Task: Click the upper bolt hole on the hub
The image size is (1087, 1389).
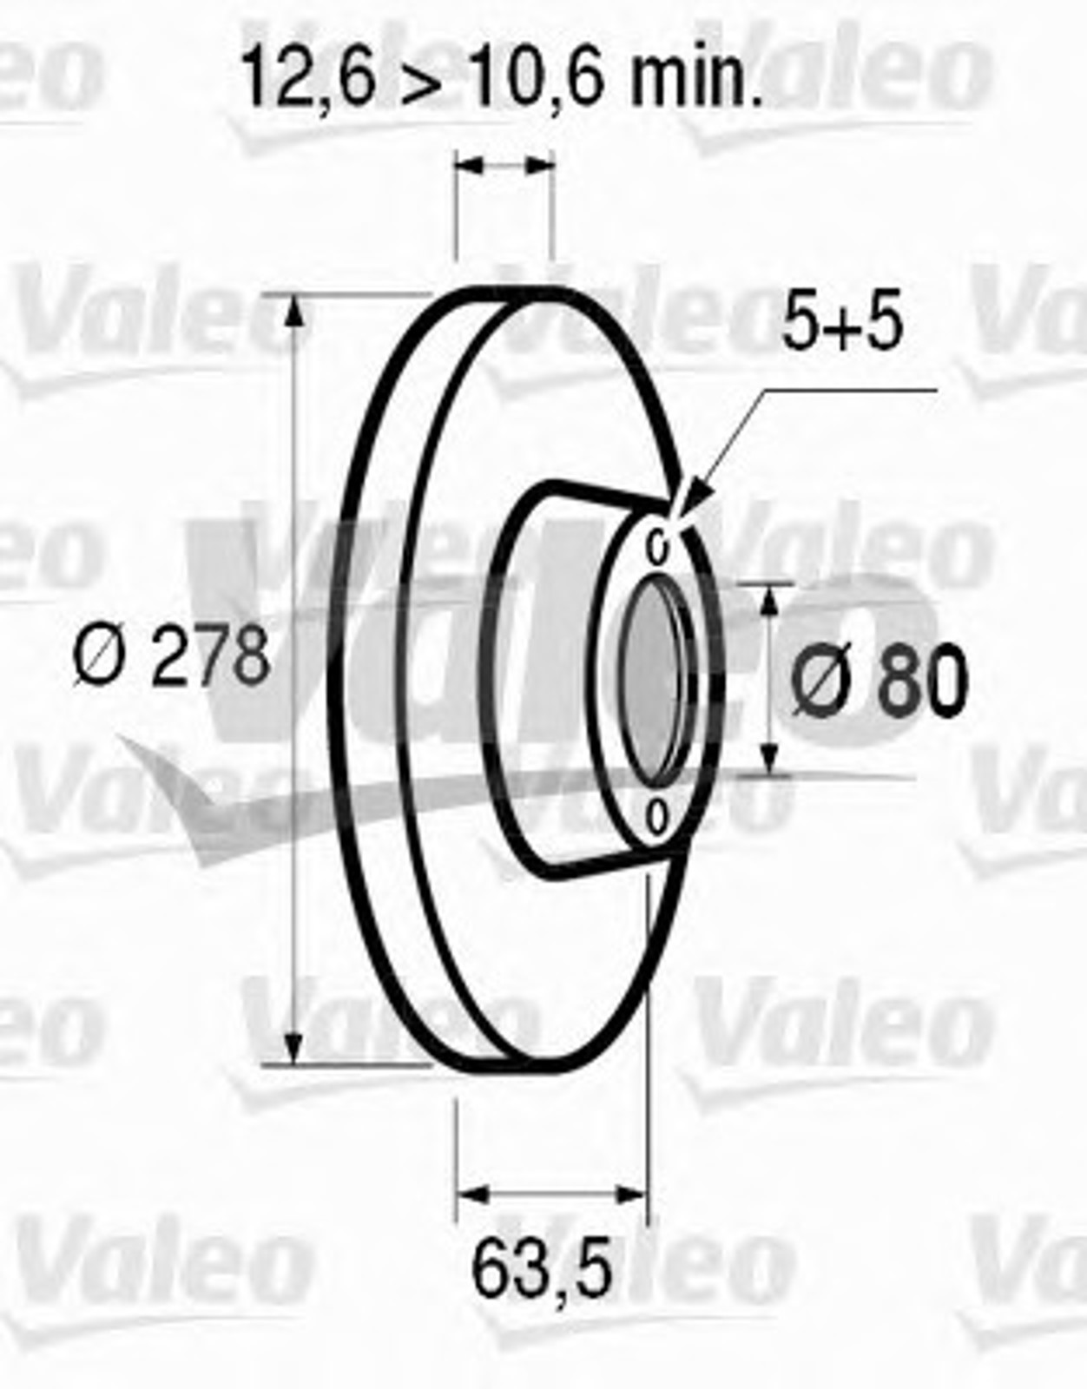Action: [x=658, y=548]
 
